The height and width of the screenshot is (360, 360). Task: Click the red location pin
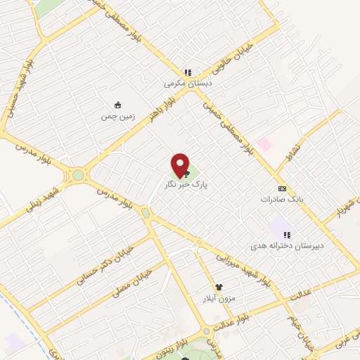[x=181, y=165]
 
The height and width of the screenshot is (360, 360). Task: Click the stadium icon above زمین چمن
[x=117, y=105]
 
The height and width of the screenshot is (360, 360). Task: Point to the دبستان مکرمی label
[x=188, y=83]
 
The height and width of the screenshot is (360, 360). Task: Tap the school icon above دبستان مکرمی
[x=188, y=72]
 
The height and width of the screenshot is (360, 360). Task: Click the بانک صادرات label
[x=283, y=199]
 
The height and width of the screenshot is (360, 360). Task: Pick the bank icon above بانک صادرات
[x=283, y=188]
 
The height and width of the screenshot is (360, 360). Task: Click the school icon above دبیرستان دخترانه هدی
[x=287, y=235]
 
